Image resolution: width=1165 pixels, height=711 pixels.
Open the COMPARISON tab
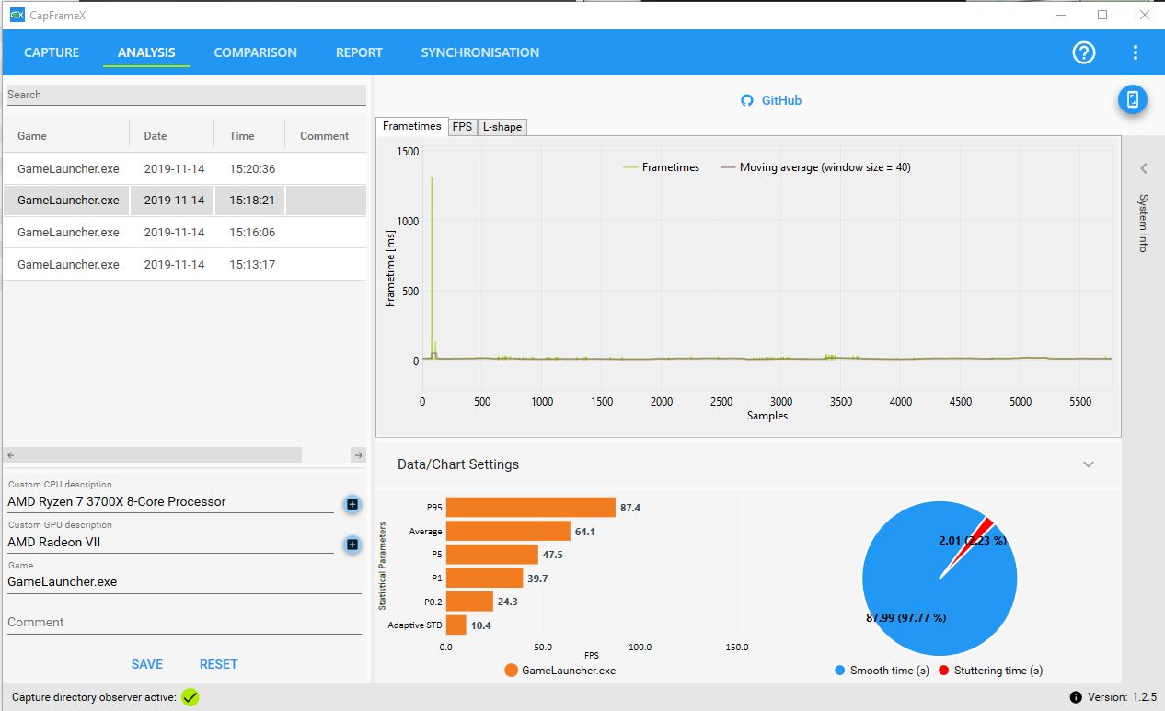tap(255, 52)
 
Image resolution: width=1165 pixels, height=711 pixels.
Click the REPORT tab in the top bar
tap(359, 52)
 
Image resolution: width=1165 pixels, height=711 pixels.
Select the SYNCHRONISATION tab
tap(480, 52)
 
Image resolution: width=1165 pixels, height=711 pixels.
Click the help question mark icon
tap(1084, 52)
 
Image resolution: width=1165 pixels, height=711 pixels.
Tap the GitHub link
tap(771, 100)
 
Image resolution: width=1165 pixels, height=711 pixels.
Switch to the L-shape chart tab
tap(502, 127)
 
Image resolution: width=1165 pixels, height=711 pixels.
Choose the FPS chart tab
tap(462, 127)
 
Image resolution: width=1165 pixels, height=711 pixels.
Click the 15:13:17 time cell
tap(252, 265)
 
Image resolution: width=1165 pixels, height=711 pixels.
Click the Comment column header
tap(324, 136)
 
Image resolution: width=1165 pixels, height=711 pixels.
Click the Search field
tap(186, 95)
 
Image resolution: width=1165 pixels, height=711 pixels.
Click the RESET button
tap(218, 664)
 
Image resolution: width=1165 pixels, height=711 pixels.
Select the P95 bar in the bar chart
tap(530, 507)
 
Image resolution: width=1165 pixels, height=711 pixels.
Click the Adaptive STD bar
tap(456, 625)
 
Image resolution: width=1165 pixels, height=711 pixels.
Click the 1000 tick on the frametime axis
tap(408, 222)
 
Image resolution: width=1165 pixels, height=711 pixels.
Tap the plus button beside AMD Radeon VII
tap(352, 545)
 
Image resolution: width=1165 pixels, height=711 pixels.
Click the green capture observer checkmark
tap(190, 697)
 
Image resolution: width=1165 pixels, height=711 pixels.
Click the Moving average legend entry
tap(815, 167)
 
